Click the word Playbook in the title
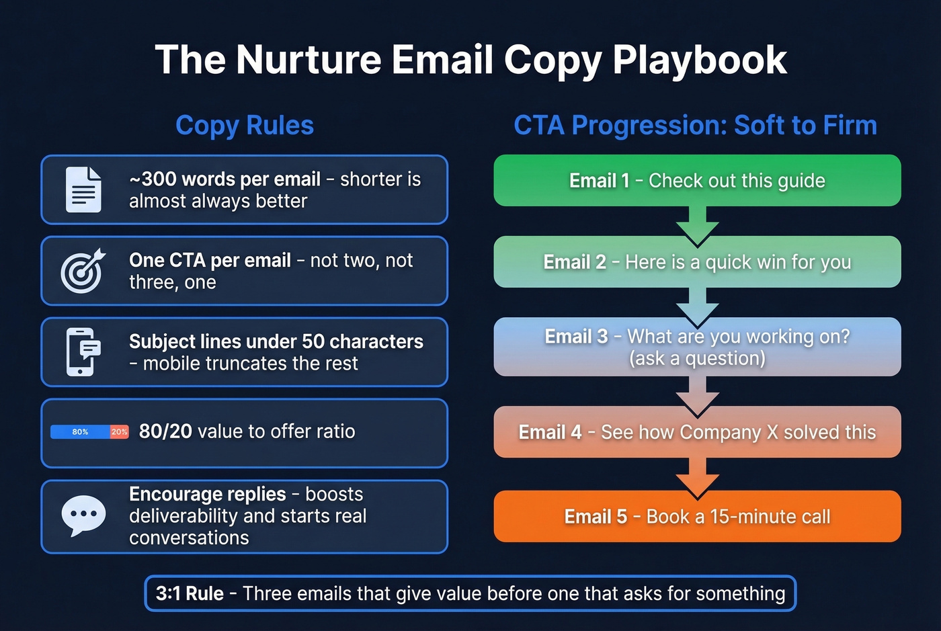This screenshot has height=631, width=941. pyautogui.click(x=699, y=60)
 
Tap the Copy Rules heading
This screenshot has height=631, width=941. pyautogui.click(x=245, y=126)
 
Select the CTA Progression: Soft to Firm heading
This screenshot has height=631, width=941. pyautogui.click(x=695, y=126)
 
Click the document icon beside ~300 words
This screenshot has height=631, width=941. pyautogui.click(x=83, y=190)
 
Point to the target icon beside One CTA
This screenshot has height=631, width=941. pyautogui.click(x=83, y=271)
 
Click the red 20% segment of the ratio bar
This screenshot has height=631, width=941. pyautogui.click(x=120, y=432)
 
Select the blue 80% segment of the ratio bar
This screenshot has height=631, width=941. pyautogui.click(x=81, y=432)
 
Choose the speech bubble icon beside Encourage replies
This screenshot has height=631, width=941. pyautogui.click(x=83, y=515)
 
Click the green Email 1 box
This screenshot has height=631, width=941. pyautogui.click(x=697, y=180)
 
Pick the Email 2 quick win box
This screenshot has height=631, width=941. pyautogui.click(x=697, y=262)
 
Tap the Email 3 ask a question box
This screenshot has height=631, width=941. pyautogui.click(x=697, y=347)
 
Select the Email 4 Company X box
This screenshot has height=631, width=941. pyautogui.click(x=697, y=432)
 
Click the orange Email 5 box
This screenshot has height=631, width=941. pyautogui.click(x=697, y=516)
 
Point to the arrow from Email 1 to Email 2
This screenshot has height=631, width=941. pyautogui.click(x=698, y=224)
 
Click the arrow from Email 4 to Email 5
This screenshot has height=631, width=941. pyautogui.click(x=698, y=476)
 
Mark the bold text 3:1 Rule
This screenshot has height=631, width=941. pyautogui.click(x=190, y=594)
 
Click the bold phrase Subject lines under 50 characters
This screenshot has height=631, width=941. pyautogui.click(x=276, y=341)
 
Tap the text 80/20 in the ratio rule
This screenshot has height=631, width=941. pyautogui.click(x=165, y=431)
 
